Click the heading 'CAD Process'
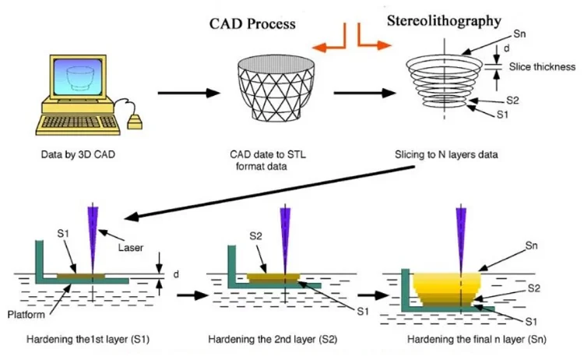(252, 24)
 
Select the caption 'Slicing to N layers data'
(446, 154)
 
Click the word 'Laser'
(130, 249)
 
